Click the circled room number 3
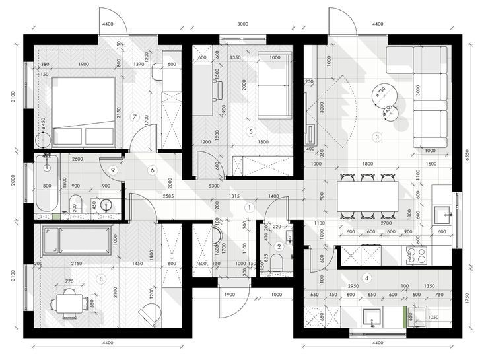tap(377, 137)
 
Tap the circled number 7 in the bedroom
tap(135, 117)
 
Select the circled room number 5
tap(250, 131)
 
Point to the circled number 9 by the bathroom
tap(114, 170)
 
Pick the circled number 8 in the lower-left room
tap(101, 279)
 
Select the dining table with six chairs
tap(368, 196)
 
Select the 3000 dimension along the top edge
tap(243, 24)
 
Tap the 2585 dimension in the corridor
tap(168, 196)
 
